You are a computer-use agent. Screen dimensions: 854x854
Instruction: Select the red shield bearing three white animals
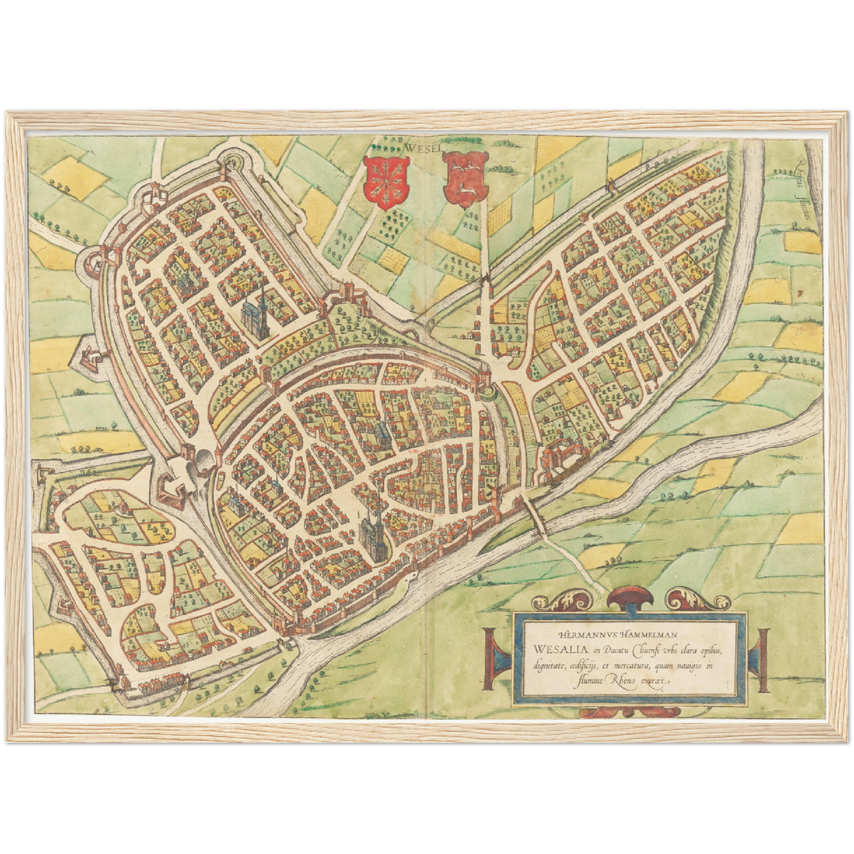click(x=466, y=178)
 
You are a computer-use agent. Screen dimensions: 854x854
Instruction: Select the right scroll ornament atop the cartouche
click(x=697, y=599)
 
